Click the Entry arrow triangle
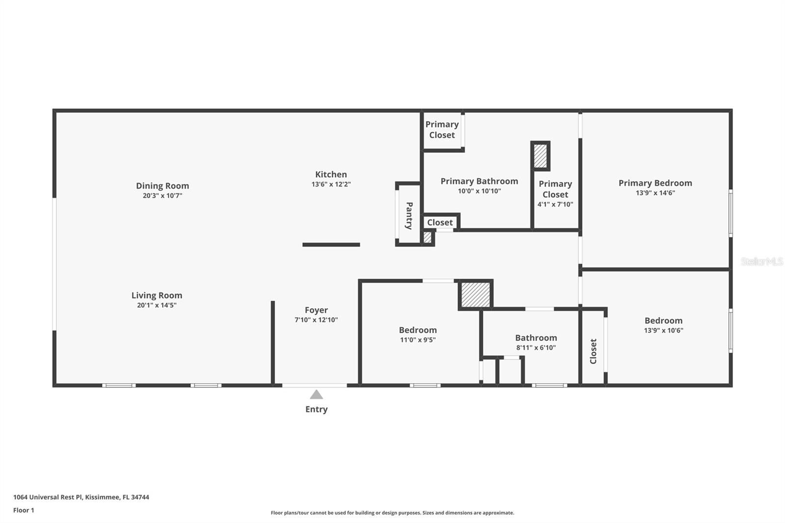pos(316,395)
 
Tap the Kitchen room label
pos(331,175)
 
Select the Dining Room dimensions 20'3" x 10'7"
pos(162,196)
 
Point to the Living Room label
pos(157,295)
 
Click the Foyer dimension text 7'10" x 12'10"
pos(316,320)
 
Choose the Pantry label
pos(409,215)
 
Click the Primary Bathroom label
pos(479,181)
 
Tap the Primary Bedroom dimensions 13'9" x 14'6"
pos(655,193)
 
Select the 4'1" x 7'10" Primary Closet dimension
pos(555,205)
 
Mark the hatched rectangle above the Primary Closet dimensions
pos(540,156)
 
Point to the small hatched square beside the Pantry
pos(427,237)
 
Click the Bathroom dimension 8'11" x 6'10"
pos(536,348)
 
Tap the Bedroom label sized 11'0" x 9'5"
pos(418,330)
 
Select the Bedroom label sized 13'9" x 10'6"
pos(663,321)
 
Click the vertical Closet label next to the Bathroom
pos(593,351)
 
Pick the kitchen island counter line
pos(331,245)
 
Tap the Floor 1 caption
pos(24,510)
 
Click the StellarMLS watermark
pos(762,261)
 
